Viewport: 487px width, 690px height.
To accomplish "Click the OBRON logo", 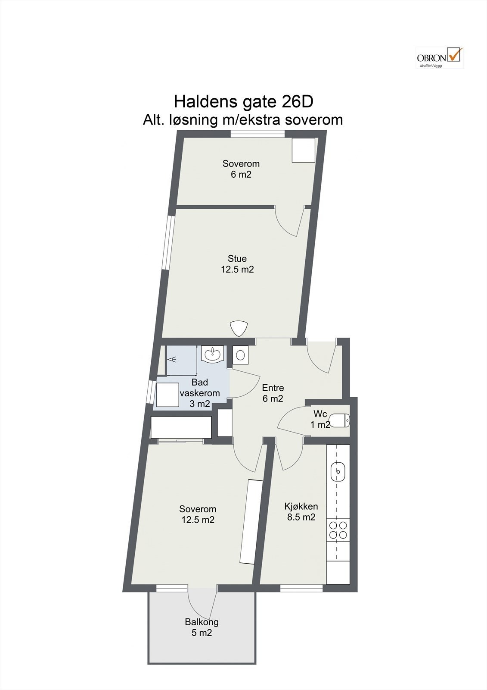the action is click(x=439, y=57).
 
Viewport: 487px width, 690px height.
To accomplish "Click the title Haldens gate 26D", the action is click(x=244, y=101).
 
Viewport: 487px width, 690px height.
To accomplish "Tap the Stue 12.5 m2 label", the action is click(x=237, y=264).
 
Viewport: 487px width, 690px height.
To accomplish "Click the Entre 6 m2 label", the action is click(x=273, y=393).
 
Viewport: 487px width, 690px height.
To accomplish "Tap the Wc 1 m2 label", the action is click(x=320, y=419).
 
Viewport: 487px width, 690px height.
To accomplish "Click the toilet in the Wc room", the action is click(x=339, y=420).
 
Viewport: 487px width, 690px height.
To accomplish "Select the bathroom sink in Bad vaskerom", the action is click(x=212, y=353).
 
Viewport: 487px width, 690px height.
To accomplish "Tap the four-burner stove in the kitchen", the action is click(x=338, y=530).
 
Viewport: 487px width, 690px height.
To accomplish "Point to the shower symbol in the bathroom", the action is click(x=172, y=359).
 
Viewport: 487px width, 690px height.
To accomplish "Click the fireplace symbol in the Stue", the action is click(x=239, y=328).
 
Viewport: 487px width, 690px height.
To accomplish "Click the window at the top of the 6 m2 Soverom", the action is click(x=258, y=134).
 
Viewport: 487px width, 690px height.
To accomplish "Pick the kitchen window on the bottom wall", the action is click(x=301, y=588).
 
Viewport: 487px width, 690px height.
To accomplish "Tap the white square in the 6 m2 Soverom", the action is click(x=303, y=150).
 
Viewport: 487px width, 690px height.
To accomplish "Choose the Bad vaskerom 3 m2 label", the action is click(x=200, y=393).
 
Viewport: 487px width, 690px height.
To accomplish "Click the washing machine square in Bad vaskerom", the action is click(x=168, y=395).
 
